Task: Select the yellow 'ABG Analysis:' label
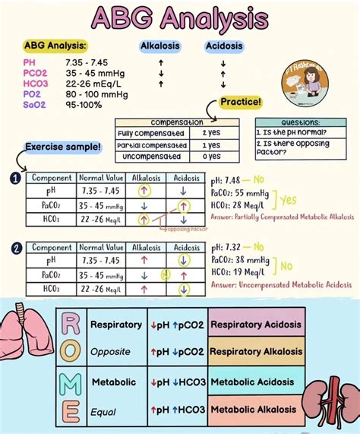click(x=55, y=46)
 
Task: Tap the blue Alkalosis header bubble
click(x=160, y=46)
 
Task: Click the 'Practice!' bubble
click(x=241, y=102)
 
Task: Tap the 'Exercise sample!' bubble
click(x=63, y=146)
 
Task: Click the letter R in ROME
click(x=71, y=325)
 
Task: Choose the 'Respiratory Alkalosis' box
click(x=256, y=352)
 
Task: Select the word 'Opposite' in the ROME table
click(x=111, y=352)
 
